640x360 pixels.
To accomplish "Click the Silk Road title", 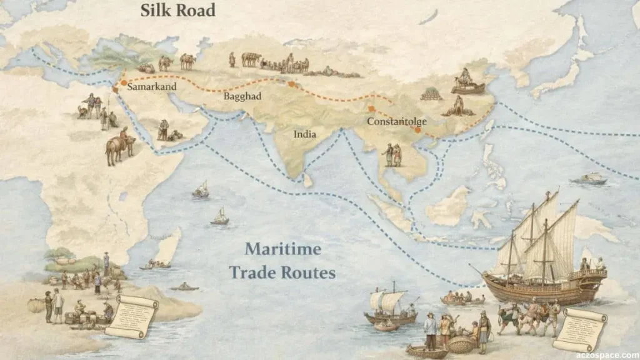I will point(177,11).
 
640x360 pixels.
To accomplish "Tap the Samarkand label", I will point(152,87).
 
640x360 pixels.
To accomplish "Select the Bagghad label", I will point(242,97).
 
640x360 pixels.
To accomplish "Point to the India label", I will point(305,134).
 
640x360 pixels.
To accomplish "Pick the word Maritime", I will point(282,249).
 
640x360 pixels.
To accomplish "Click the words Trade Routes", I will point(282,272).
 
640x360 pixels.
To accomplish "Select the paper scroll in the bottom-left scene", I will point(131,316).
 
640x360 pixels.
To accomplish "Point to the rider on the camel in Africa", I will point(124,135).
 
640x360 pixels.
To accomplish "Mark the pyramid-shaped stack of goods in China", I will point(431,94).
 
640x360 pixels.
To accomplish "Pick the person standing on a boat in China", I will point(465,77).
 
